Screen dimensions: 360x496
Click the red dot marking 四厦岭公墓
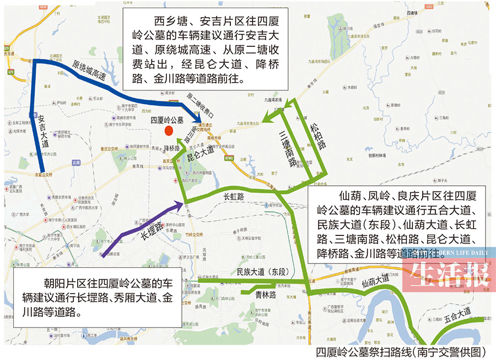[x=169, y=130]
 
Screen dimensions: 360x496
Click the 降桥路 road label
[x=172, y=149]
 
